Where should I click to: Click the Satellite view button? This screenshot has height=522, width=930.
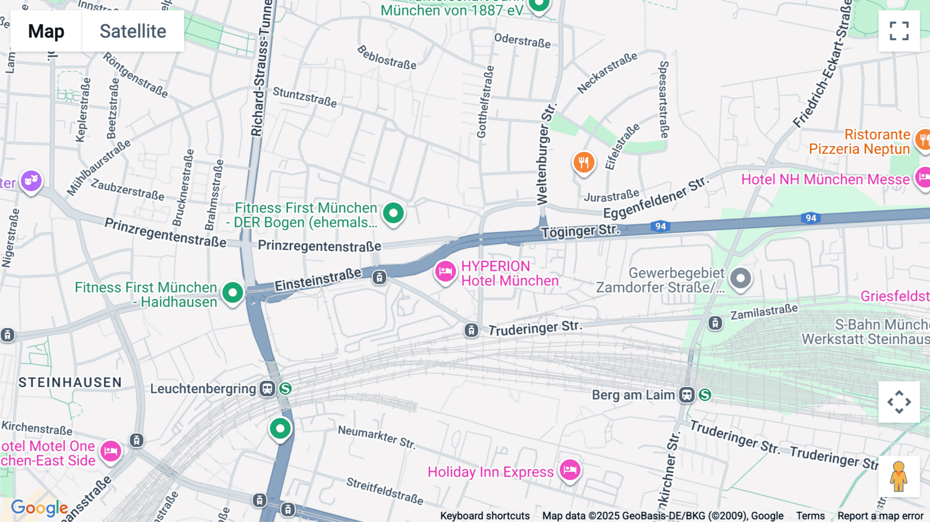(x=133, y=31)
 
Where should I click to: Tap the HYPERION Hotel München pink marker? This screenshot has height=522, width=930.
(x=445, y=271)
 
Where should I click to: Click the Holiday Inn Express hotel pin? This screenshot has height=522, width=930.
(x=570, y=470)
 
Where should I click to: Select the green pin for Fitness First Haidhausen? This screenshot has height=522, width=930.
(x=233, y=293)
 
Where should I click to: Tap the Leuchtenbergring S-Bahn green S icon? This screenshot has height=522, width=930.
(x=285, y=388)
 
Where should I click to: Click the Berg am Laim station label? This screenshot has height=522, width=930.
(x=633, y=395)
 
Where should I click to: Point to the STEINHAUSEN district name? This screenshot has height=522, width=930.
(x=70, y=382)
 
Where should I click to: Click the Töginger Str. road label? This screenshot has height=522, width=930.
(x=580, y=231)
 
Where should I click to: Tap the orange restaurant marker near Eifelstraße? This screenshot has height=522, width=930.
(x=584, y=163)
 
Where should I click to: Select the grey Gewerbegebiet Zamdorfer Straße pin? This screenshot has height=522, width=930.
(x=740, y=279)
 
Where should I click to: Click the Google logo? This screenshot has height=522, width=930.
(x=39, y=508)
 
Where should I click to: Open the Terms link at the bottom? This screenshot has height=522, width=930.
(x=810, y=515)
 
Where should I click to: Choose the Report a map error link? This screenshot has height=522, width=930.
(x=880, y=515)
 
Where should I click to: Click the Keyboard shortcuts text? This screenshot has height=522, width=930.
(x=485, y=515)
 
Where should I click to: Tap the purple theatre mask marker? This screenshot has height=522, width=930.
(x=31, y=181)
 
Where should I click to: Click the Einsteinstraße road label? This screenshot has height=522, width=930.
(x=318, y=280)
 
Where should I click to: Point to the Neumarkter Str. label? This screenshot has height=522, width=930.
(x=377, y=437)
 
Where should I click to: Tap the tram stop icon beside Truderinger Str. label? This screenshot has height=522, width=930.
(x=471, y=330)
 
